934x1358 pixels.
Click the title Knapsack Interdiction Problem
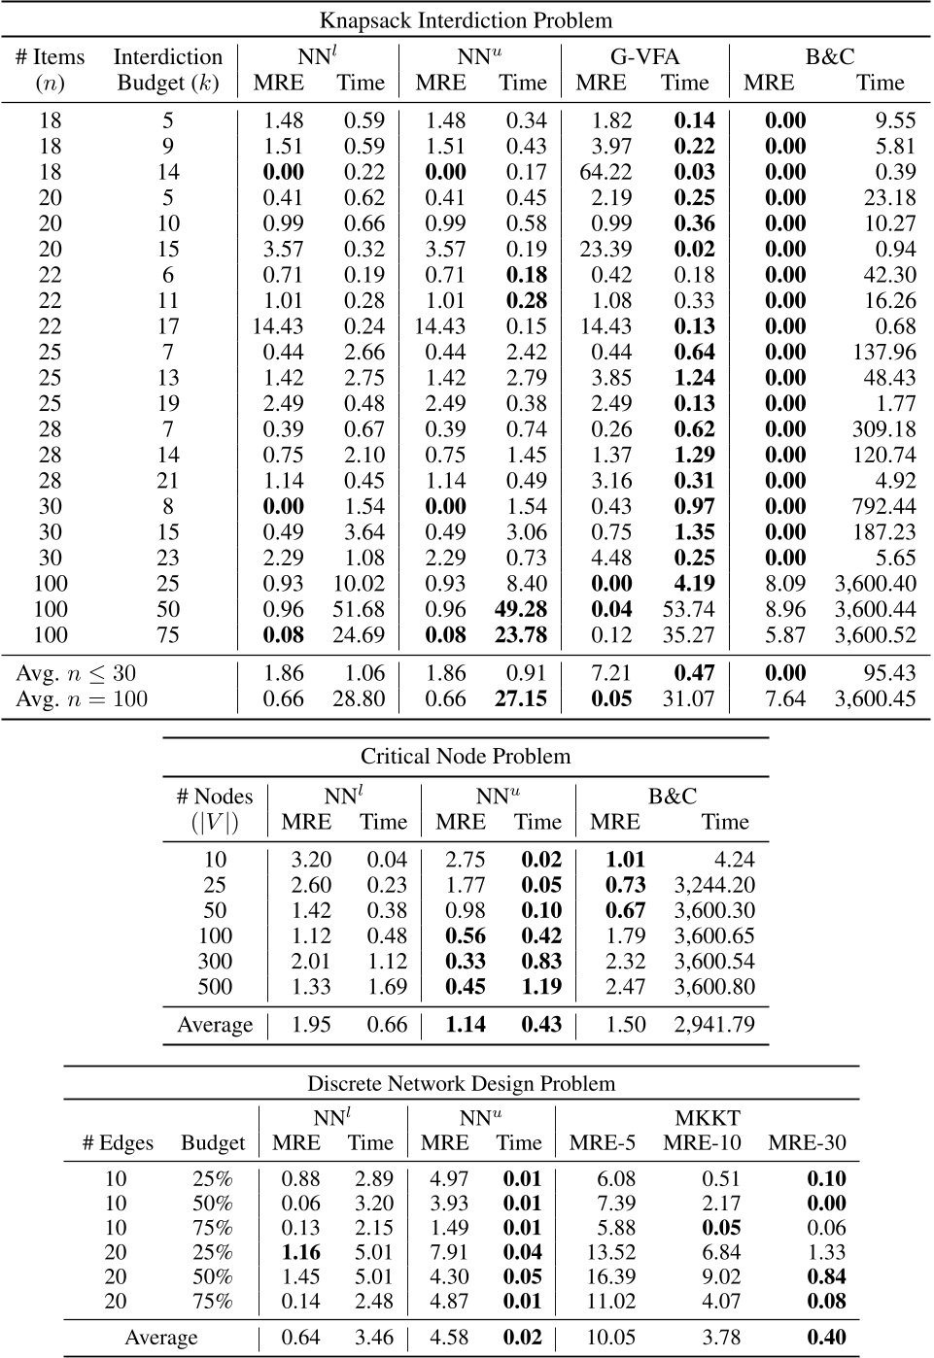point(467,19)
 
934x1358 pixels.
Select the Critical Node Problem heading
point(466,756)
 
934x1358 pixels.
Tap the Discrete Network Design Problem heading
point(462,1083)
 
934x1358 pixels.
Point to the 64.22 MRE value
point(605,172)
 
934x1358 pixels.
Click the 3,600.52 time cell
point(875,635)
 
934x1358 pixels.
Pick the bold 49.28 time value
point(521,609)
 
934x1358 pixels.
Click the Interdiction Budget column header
point(168,69)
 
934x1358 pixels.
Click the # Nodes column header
point(215,808)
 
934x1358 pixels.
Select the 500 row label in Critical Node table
point(215,987)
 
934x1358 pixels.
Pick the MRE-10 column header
point(702,1142)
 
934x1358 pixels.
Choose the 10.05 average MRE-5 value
point(611,1338)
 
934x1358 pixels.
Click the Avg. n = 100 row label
point(82,698)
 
